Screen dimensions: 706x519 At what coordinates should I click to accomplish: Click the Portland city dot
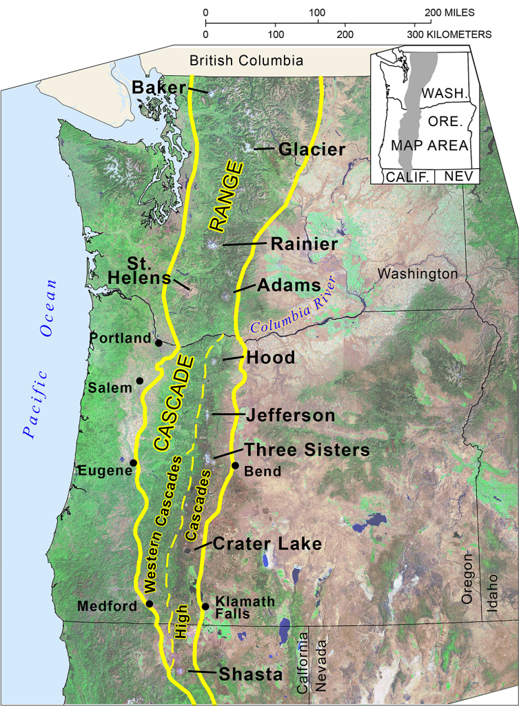coord(159,343)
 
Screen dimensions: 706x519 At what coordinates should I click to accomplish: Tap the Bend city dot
coord(234,466)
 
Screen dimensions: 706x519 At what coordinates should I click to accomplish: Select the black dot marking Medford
coord(150,604)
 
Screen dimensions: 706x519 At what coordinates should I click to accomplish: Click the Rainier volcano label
coord(304,244)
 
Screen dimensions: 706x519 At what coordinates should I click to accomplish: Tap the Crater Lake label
coord(267,544)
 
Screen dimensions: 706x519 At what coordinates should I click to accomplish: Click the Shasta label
coord(250,674)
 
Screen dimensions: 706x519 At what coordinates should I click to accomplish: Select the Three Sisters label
coord(307,450)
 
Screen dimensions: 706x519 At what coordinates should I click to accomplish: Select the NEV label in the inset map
coord(456,176)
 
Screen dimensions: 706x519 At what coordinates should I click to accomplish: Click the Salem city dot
coord(140,381)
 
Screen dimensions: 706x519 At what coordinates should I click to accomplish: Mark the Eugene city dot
coord(134,462)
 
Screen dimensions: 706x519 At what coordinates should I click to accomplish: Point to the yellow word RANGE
coord(226,196)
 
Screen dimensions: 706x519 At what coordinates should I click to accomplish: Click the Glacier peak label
coord(312,150)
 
